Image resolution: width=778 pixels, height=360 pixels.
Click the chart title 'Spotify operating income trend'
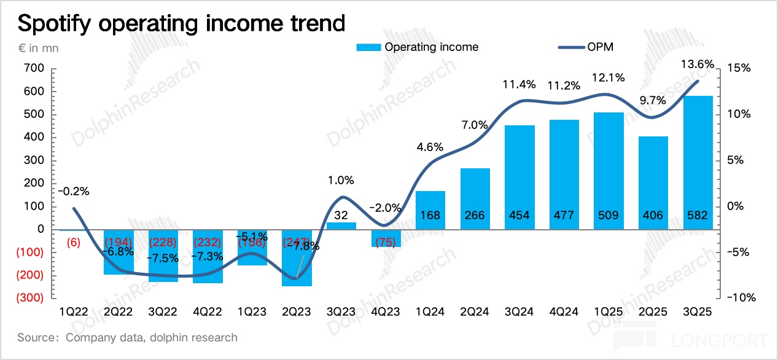pyautogui.click(x=181, y=23)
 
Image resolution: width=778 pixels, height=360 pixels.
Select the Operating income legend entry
pyautogui.click(x=418, y=47)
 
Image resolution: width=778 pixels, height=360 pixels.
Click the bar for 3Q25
pyautogui.click(x=698, y=163)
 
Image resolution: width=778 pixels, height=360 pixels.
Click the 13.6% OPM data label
pyautogui.click(x=699, y=63)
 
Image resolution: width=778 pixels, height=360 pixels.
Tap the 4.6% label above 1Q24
pyautogui.click(x=430, y=147)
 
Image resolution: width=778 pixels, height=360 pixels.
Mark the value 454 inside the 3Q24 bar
pyautogui.click(x=520, y=216)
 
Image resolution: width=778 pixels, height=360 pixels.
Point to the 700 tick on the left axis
pyautogui.click(x=34, y=68)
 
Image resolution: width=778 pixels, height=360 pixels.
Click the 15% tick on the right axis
pyautogui.click(x=739, y=68)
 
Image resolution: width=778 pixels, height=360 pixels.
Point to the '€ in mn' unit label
pyautogui.click(x=38, y=47)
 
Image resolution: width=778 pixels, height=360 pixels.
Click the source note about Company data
pyautogui.click(x=127, y=337)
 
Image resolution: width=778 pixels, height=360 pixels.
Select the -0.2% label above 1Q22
pyautogui.click(x=74, y=191)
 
